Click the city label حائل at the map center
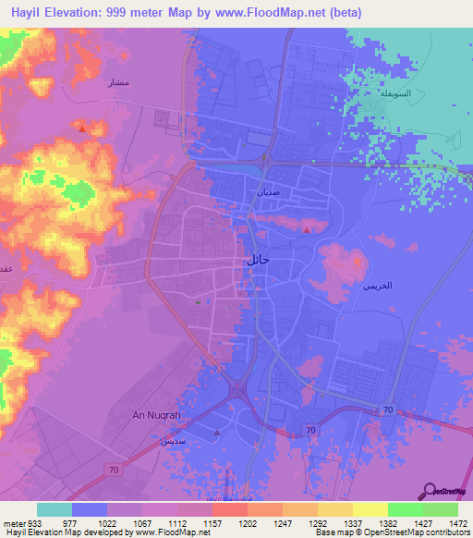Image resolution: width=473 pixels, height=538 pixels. [257, 261]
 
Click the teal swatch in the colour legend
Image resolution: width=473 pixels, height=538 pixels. [55, 509]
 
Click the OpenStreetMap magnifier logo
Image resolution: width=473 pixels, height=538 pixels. [431, 490]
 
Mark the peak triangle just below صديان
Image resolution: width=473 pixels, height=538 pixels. [307, 227]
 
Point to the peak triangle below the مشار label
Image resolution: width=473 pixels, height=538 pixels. [83, 128]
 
